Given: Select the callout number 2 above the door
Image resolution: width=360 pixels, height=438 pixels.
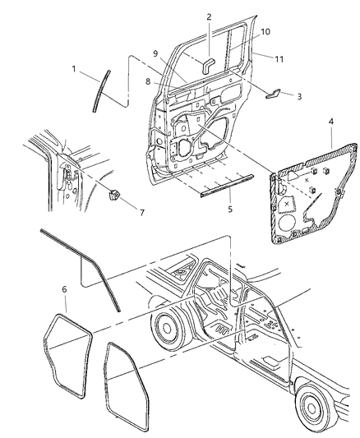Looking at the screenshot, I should (x=209, y=16).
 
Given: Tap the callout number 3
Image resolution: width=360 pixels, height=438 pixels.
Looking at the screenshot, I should (x=299, y=96).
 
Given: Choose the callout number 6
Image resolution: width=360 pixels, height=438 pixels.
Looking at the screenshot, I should (x=65, y=289).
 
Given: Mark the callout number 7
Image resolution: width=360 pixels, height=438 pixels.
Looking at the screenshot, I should (x=141, y=213).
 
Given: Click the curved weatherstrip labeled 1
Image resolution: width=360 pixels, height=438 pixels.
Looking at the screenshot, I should (x=99, y=90).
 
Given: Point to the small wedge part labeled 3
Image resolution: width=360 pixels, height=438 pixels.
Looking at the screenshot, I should (x=278, y=95).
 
